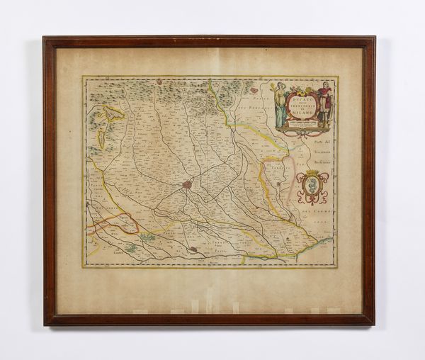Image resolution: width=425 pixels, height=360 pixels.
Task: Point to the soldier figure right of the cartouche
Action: pos(325,104)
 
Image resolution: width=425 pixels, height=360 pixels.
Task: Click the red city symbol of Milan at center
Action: pos(187,185)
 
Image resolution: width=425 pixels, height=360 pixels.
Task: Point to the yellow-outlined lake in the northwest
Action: pos(110,113)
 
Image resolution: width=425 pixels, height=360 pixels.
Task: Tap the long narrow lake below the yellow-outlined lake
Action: pos(101,136)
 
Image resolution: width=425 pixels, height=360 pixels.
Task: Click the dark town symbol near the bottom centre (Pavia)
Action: pos(193,249)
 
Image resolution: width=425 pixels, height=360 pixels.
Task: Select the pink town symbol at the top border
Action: pos(254,89)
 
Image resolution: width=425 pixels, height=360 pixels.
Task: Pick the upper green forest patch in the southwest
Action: pos(147,237)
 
